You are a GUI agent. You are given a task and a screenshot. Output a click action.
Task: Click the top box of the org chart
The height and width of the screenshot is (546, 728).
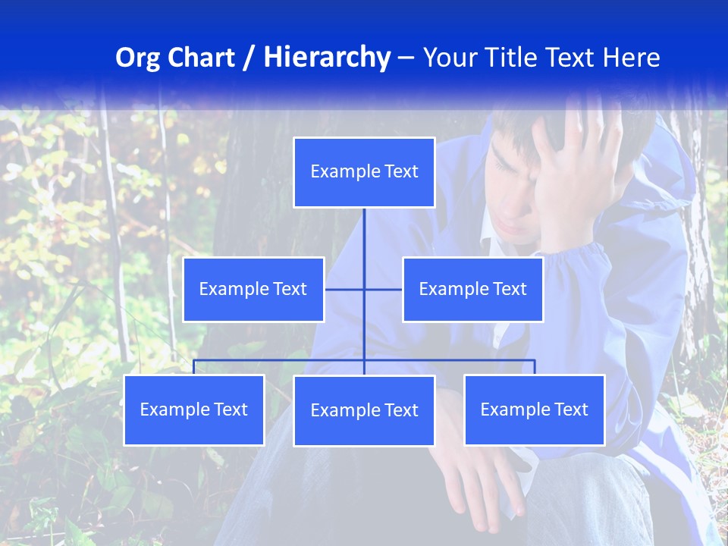click(x=364, y=172)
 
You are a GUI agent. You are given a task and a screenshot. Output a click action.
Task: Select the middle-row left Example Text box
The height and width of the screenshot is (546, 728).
click(x=253, y=290)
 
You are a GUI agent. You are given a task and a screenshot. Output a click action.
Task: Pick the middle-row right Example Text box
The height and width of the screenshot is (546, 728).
click(x=472, y=290)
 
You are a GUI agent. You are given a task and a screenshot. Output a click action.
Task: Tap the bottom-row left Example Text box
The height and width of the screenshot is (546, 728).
click(x=194, y=410)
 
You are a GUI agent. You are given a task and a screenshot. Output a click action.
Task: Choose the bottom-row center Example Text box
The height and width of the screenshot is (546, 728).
click(x=364, y=411)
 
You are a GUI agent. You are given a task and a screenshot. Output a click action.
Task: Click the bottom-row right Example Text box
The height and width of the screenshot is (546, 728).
click(x=535, y=410)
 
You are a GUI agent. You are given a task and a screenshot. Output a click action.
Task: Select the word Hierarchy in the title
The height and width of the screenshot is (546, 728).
click(x=327, y=58)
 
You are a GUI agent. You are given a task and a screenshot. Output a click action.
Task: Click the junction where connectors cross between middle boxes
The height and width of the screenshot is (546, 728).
click(x=364, y=290)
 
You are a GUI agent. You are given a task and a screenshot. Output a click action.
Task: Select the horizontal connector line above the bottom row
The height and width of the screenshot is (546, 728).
click(x=281, y=360)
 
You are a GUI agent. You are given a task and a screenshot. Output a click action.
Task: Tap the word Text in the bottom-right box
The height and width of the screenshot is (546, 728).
click(x=571, y=410)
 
